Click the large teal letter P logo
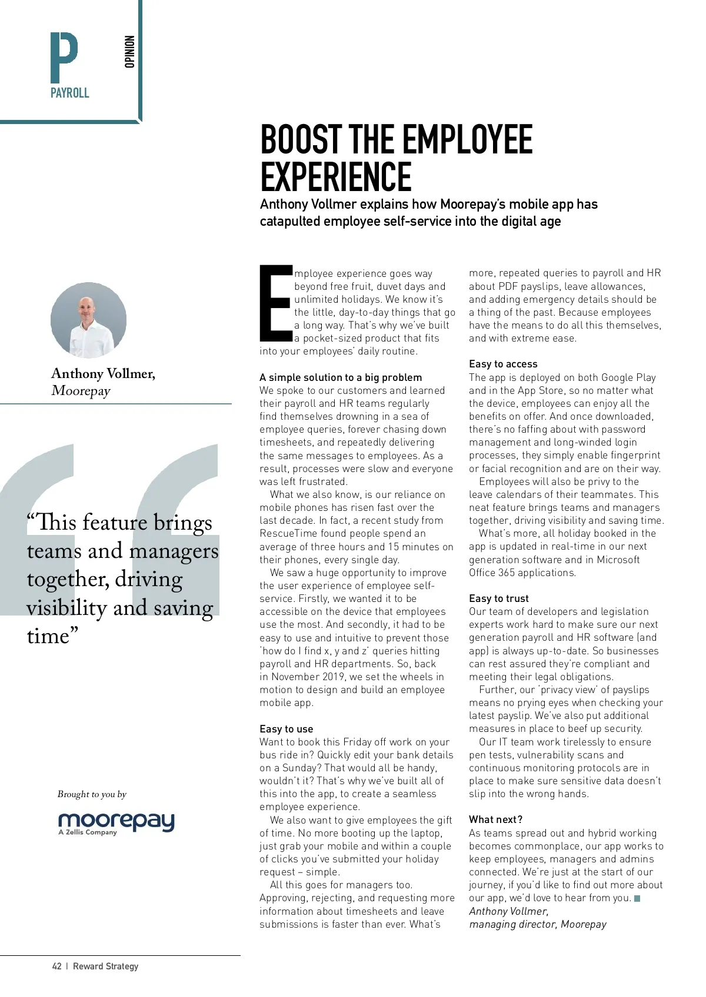click(x=64, y=57)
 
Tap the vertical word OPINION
click(x=130, y=52)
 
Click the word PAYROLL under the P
click(x=69, y=93)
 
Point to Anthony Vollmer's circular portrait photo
click(x=88, y=320)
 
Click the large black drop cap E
click(x=276, y=303)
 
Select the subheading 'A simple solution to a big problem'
click(x=341, y=377)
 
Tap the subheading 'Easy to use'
click(x=286, y=729)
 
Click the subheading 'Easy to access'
click(x=503, y=364)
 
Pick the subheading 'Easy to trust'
click(x=498, y=598)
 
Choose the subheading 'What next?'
click(x=495, y=819)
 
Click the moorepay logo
click(x=116, y=822)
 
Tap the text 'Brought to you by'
click(x=92, y=794)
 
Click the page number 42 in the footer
click(x=56, y=966)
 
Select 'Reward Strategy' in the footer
click(x=105, y=966)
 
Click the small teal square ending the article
click(x=637, y=898)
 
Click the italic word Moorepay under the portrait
click(x=81, y=391)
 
